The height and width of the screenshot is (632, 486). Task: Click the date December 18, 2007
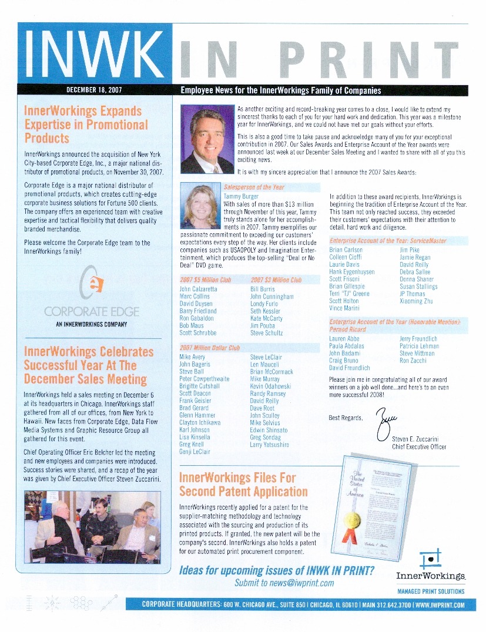tap(94, 90)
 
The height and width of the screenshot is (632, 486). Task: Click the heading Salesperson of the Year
tap(254, 187)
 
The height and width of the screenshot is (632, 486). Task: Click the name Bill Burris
tap(262, 290)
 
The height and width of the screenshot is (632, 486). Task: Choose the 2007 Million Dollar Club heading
tap(210, 348)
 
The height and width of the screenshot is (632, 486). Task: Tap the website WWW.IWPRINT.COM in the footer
tap(441, 605)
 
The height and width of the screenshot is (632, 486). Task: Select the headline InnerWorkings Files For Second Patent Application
tap(243, 485)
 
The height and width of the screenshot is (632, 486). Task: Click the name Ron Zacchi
tap(413, 361)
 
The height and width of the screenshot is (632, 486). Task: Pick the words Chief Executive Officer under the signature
tap(419, 447)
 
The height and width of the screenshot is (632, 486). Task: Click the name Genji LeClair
tap(195, 452)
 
